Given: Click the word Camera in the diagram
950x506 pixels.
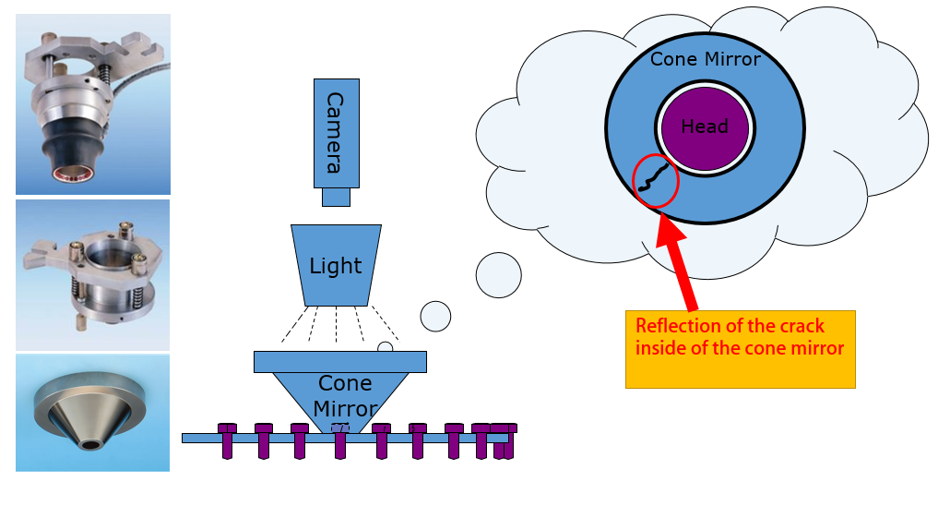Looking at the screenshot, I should click(x=335, y=133).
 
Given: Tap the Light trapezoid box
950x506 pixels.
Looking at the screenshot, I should click(x=336, y=266).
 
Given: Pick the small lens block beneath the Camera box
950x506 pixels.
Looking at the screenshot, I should click(x=336, y=197).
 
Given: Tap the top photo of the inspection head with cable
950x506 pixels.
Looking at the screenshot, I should click(x=93, y=103).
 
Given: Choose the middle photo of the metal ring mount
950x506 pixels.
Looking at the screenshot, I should click(x=93, y=274).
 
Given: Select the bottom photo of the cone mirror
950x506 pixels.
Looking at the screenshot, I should click(x=93, y=413).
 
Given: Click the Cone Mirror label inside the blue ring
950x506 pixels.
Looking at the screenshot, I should click(x=706, y=60).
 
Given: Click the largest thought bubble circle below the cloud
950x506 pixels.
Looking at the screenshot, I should click(x=498, y=274).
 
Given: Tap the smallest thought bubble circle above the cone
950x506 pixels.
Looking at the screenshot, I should click(x=386, y=347).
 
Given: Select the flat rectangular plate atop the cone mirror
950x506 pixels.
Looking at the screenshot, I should click(x=339, y=361).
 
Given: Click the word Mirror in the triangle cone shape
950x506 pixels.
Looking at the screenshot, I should click(x=343, y=408).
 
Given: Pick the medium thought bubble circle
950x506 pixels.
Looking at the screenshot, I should click(x=435, y=316).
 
